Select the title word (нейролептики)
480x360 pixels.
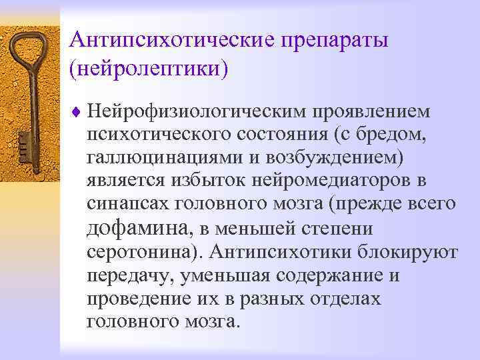click(147, 68)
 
